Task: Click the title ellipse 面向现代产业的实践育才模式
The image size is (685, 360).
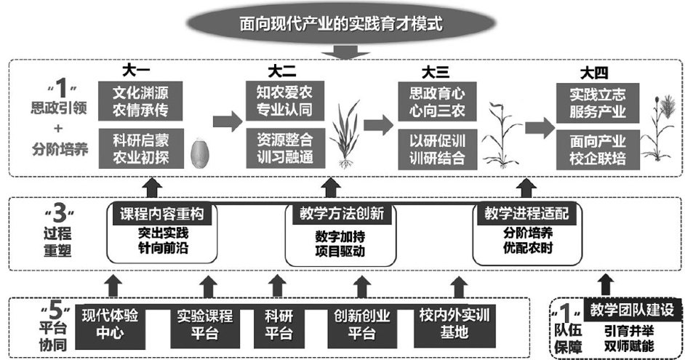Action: pyautogui.click(x=341, y=24)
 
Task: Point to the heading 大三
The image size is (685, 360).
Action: pyautogui.click(x=435, y=73)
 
